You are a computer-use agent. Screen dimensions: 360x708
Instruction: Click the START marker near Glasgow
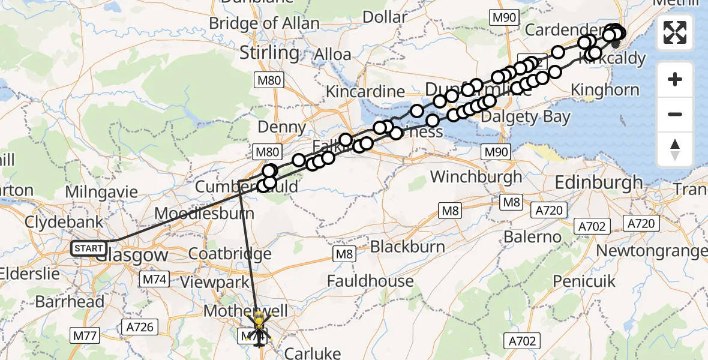point(89,248)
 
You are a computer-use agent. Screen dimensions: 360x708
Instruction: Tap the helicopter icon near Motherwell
point(259,328)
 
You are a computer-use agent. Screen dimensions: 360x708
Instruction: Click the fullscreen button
point(675,32)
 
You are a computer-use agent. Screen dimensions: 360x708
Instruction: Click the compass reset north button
point(675,149)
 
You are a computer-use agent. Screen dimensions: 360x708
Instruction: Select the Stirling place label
point(269,53)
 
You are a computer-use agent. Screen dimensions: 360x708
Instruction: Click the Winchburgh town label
point(476,177)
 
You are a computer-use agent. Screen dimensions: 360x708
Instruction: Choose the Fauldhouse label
point(370,281)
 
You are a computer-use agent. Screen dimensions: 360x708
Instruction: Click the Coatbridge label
point(230,253)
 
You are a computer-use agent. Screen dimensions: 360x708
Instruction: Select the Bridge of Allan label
point(265,23)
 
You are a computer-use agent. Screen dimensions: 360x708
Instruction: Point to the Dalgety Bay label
point(526,116)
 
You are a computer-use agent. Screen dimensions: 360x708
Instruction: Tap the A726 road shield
point(140,328)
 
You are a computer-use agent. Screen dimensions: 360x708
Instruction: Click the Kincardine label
point(365,92)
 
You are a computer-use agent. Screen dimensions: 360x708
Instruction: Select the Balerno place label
point(532,237)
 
